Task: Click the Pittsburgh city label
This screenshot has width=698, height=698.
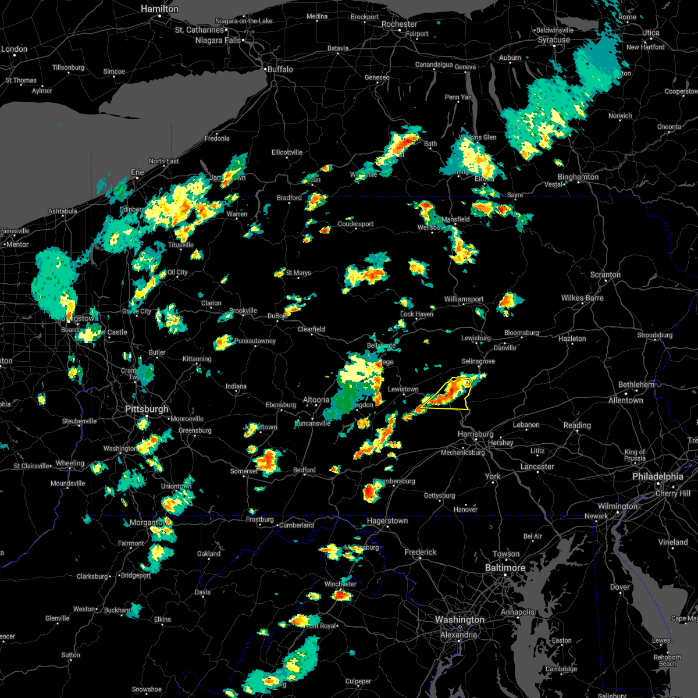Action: click(147, 409)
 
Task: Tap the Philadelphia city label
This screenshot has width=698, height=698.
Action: click(657, 476)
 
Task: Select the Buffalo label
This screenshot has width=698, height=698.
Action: click(280, 69)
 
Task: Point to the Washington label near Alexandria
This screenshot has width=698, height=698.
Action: click(460, 620)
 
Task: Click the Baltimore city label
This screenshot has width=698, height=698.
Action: click(505, 568)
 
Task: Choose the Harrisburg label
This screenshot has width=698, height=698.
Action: click(475, 435)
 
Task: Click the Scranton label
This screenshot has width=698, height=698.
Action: click(605, 275)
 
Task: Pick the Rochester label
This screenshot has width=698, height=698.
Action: click(399, 24)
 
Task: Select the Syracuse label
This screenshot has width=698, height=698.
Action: click(554, 40)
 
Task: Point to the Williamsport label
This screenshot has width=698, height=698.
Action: click(464, 299)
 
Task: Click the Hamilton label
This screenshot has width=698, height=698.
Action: click(159, 9)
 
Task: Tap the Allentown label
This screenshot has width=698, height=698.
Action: click(625, 400)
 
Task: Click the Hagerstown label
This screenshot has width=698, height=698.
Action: click(387, 521)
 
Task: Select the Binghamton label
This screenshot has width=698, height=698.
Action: click(578, 177)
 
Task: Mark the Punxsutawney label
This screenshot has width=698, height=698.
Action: click(255, 341)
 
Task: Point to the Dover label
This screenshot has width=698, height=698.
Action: click(619, 587)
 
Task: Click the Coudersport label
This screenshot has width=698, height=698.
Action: click(355, 224)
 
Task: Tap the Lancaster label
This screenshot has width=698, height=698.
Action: click(537, 466)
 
